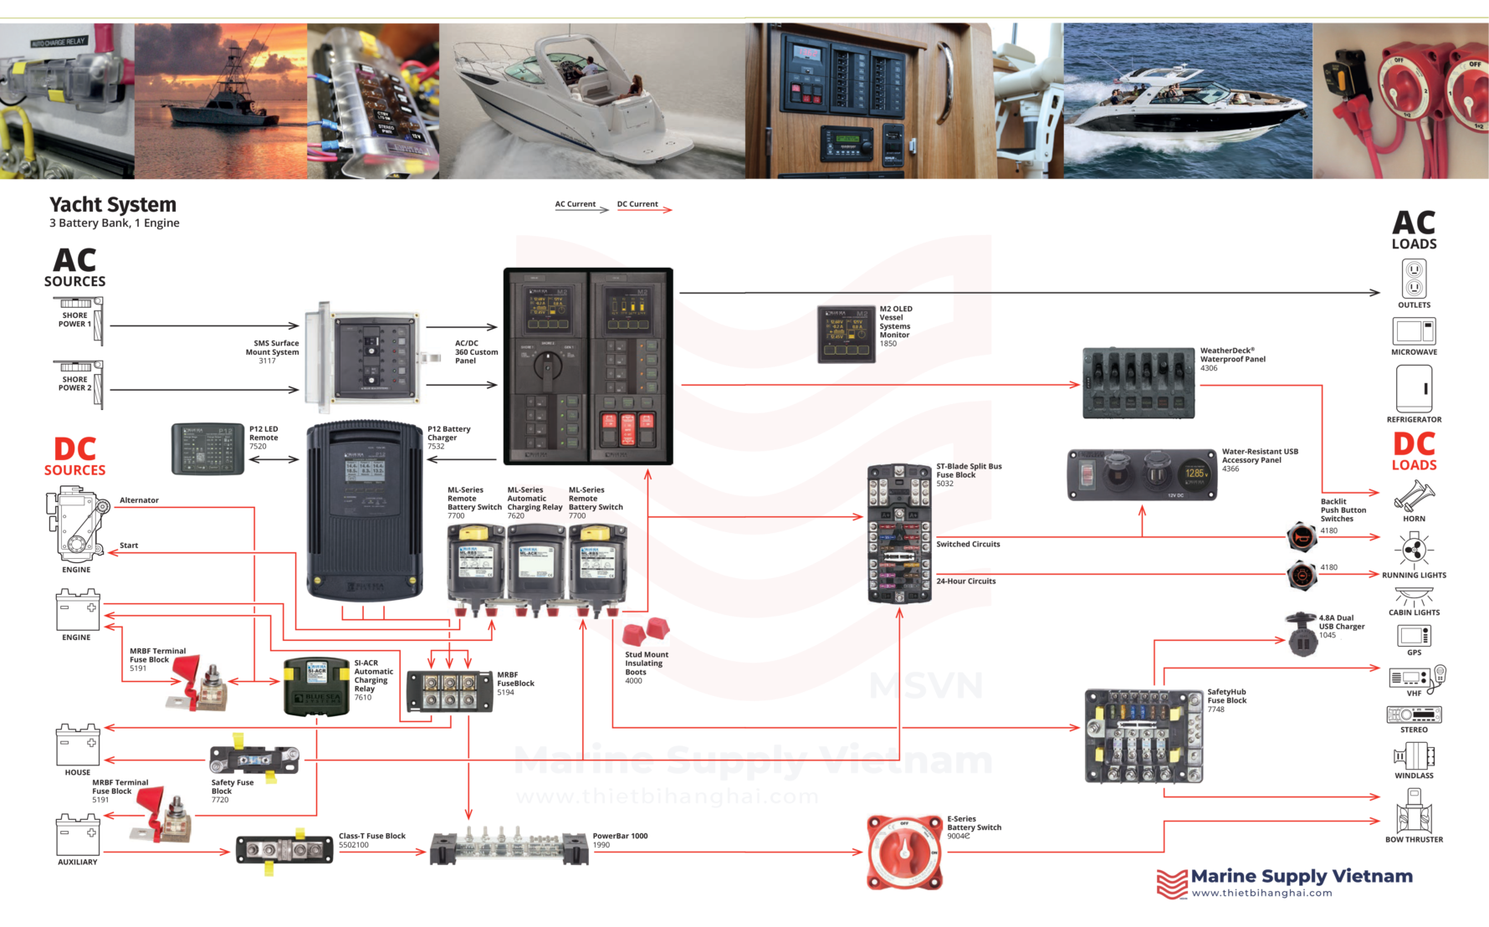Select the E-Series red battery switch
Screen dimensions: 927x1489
click(x=904, y=852)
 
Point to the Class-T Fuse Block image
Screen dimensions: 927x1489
click(x=284, y=851)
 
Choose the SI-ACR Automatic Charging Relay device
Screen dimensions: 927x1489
click(x=316, y=687)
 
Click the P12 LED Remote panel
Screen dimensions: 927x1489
click(x=207, y=449)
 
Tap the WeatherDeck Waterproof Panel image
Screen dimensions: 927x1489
click(x=1138, y=382)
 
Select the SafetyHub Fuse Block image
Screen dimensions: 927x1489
click(x=1143, y=736)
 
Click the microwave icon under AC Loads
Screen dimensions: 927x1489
click(x=1414, y=331)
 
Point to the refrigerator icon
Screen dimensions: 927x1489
click(x=1414, y=389)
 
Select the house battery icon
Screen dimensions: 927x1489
click(x=77, y=745)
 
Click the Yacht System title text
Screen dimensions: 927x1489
click(x=113, y=205)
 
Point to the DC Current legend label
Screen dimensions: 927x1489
click(x=637, y=204)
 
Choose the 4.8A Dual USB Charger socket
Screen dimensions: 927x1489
click(x=1302, y=634)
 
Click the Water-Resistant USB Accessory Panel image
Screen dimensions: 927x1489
click(x=1142, y=474)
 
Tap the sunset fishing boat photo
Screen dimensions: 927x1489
click(x=220, y=100)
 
